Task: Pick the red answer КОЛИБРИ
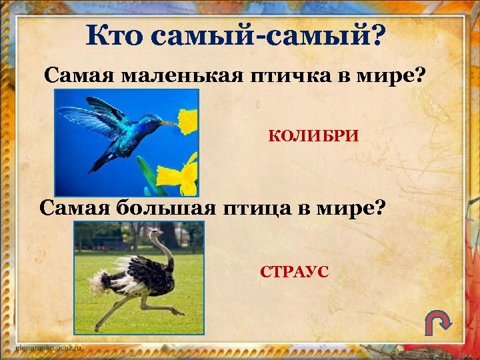point(313,137)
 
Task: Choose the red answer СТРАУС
point(294,272)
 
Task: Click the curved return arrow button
point(438,324)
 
